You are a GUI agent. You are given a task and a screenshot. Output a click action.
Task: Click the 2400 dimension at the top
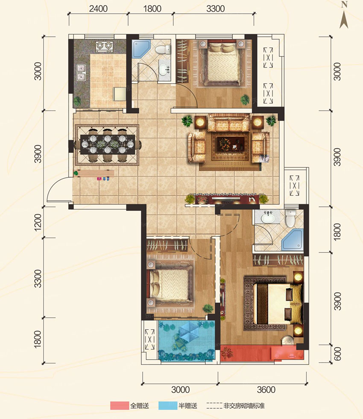[98, 8]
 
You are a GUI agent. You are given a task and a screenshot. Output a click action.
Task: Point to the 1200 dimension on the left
[37, 223]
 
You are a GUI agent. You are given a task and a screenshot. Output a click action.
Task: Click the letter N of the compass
[345, 5]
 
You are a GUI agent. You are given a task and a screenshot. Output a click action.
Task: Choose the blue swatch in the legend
[169, 405]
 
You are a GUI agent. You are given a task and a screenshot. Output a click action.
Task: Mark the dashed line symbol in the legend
[214, 405]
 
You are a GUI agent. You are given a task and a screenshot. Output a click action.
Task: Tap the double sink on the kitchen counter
[80, 72]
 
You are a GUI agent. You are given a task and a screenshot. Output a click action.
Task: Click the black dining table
[108, 144]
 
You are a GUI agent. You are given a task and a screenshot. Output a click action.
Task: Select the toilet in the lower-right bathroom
[290, 218]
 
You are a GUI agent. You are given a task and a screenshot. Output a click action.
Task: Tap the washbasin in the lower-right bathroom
[267, 218]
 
